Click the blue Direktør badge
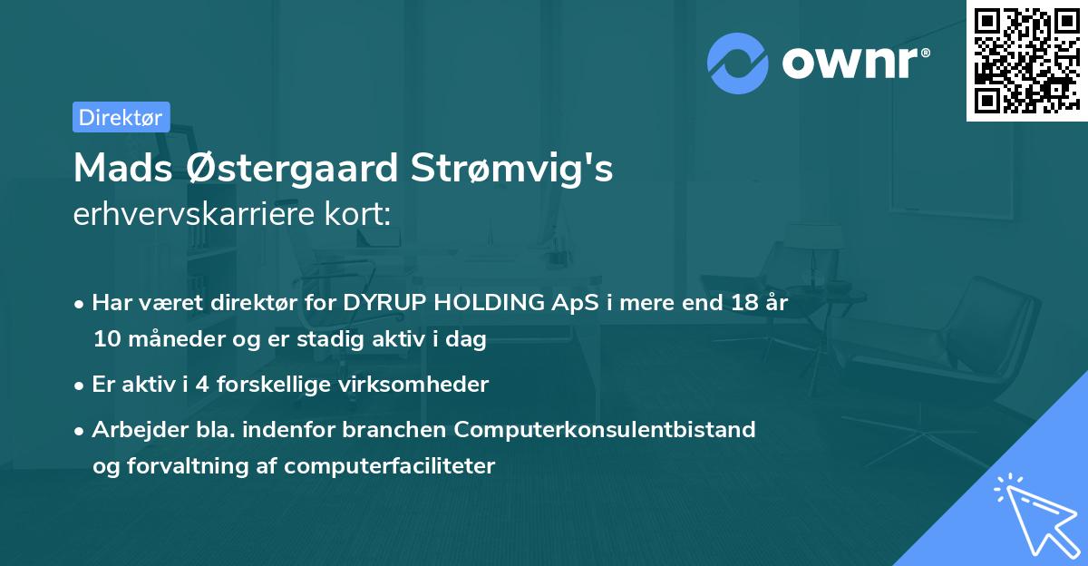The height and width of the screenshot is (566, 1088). tap(121, 117)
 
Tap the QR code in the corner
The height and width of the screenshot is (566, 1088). tap(1026, 61)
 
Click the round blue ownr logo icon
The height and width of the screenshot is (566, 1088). tap(738, 63)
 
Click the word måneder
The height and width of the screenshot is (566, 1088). tap(166, 340)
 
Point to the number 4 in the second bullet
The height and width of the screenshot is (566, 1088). tap(201, 385)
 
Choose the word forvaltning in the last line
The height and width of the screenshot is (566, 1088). tap(188, 466)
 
